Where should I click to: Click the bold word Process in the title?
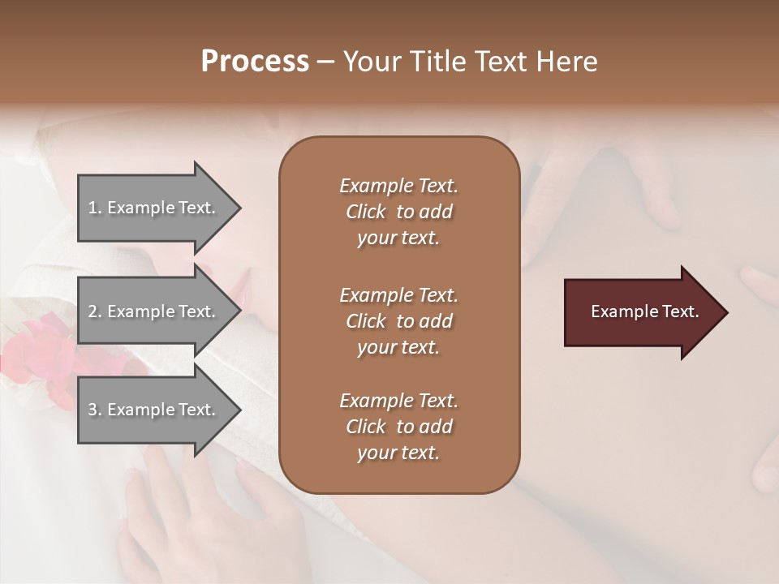[x=255, y=62]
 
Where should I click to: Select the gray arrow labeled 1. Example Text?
[x=154, y=208]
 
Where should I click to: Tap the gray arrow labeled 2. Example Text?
[x=154, y=311]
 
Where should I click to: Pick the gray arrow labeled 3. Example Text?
[x=154, y=410]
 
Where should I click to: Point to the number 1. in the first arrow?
[x=95, y=208]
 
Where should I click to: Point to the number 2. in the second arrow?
[x=95, y=311]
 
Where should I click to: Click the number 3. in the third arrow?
[x=95, y=410]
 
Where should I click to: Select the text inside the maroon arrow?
[x=644, y=311]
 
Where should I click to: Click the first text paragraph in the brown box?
[x=398, y=212]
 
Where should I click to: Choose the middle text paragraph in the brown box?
[x=398, y=321]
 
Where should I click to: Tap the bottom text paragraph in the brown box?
[x=398, y=427]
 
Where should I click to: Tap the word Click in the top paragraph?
[x=365, y=212]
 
